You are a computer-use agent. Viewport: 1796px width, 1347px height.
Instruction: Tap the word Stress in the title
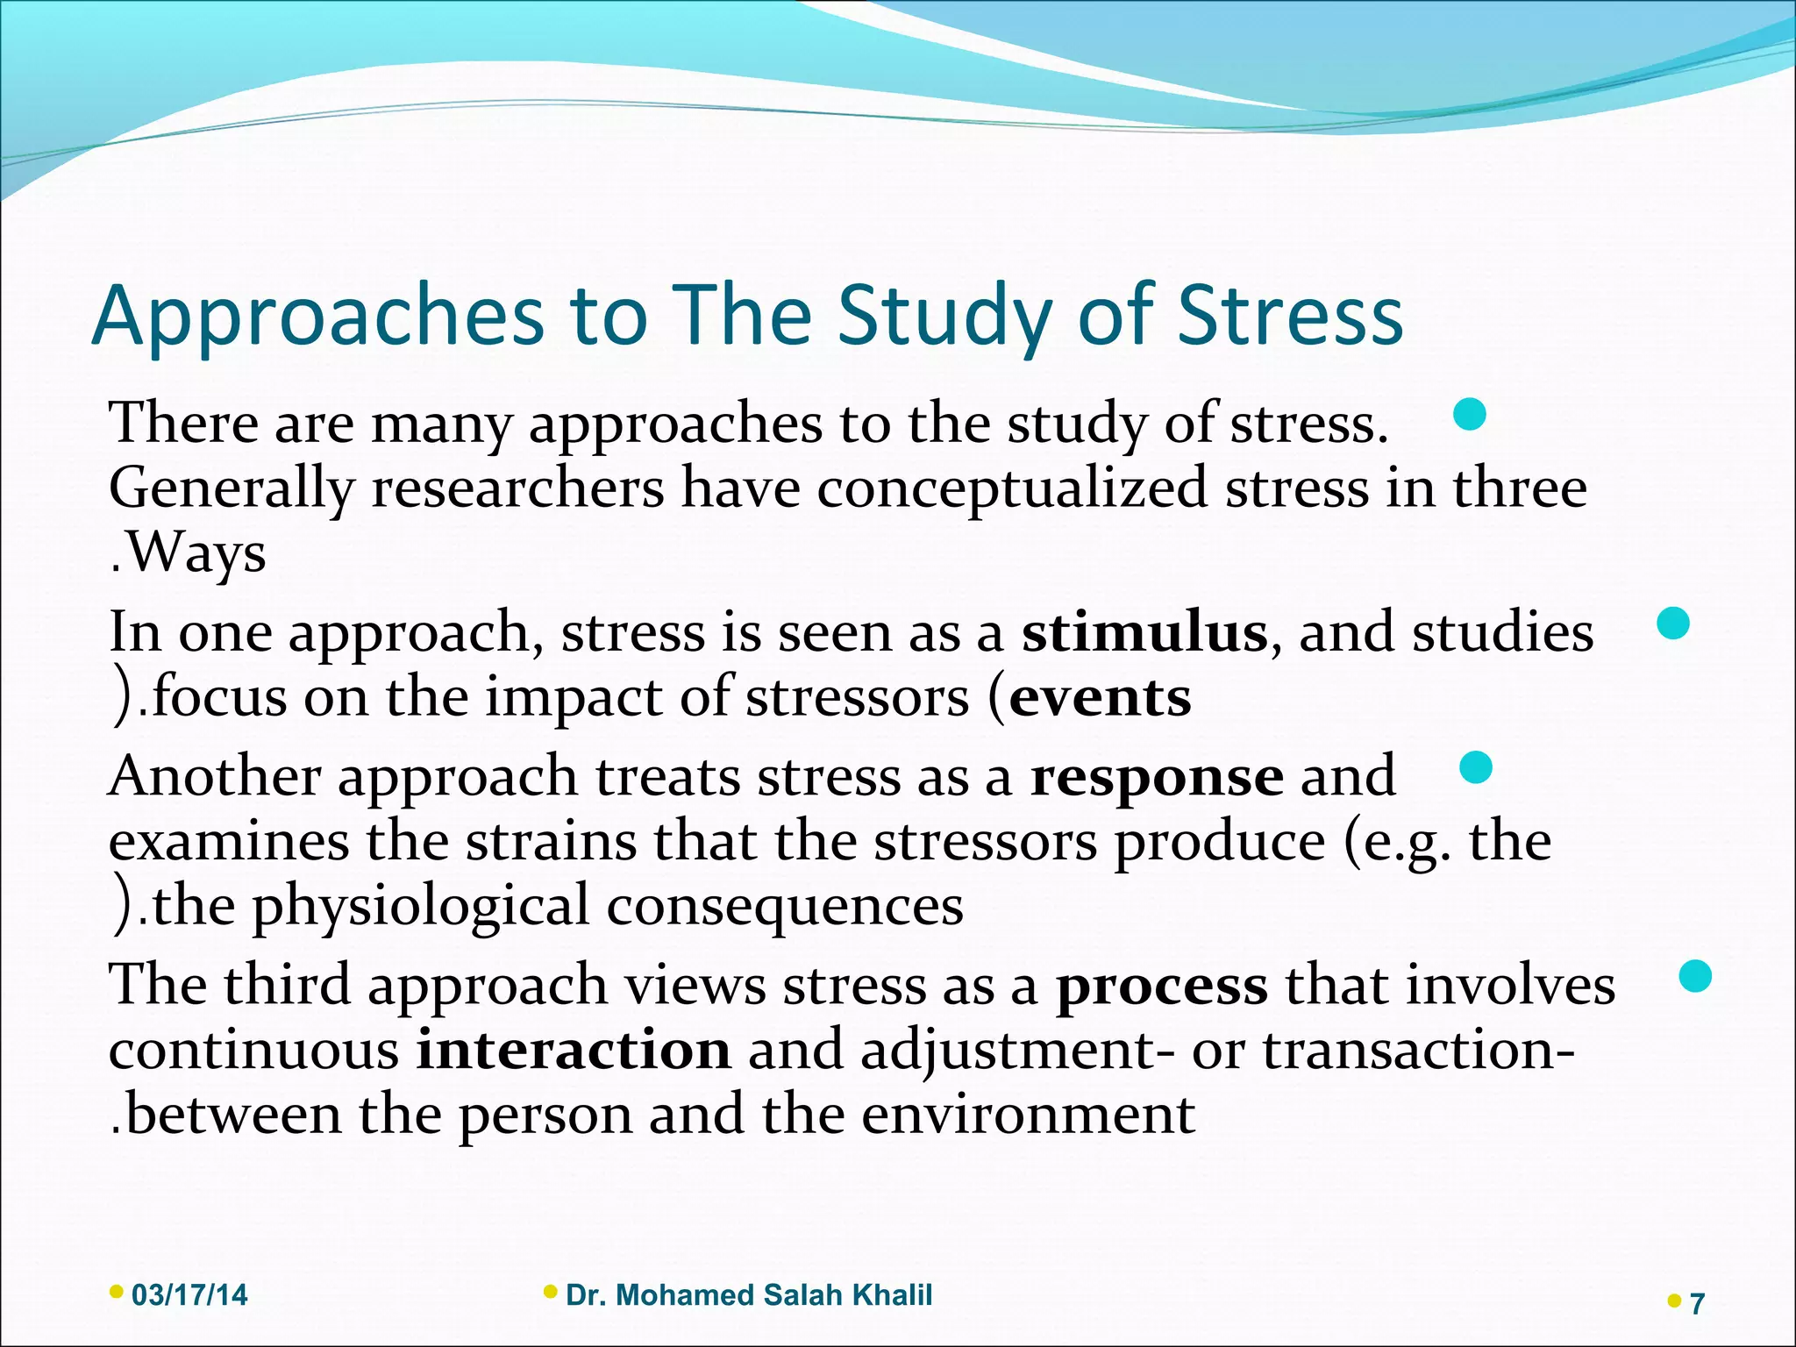pos(1290,316)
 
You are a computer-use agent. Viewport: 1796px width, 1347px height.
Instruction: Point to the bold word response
pos(1157,776)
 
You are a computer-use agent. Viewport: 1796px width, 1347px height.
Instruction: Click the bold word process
pos(1162,985)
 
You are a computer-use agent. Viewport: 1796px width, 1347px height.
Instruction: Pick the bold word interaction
pos(574,1050)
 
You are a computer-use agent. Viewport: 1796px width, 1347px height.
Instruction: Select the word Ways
pos(197,553)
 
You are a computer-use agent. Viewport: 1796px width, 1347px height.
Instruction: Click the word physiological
pos(421,907)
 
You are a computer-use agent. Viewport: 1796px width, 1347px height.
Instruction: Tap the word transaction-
pos(1418,1050)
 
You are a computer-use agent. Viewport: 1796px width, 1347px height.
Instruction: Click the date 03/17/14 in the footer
pos(189,1295)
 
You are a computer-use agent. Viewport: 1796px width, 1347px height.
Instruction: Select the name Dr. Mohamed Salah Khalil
pos(749,1295)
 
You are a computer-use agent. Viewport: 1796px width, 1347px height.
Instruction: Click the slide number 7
pos(1697,1304)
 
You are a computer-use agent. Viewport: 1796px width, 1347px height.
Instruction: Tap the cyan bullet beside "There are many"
pos(1470,414)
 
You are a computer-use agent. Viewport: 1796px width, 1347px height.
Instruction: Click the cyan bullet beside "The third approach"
pos(1695,976)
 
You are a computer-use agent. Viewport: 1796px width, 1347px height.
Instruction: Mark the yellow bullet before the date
pos(117,1291)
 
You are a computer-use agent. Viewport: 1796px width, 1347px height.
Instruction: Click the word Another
pos(214,776)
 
